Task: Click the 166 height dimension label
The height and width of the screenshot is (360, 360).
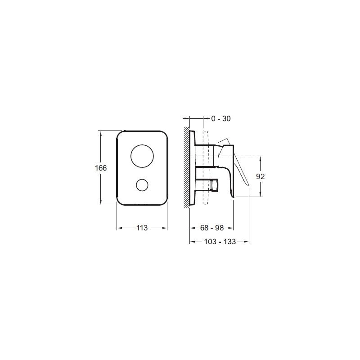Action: pyautogui.click(x=101, y=168)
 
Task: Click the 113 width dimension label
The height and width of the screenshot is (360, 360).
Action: pyautogui.click(x=142, y=228)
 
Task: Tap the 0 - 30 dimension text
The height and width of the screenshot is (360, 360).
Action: pyautogui.click(x=220, y=119)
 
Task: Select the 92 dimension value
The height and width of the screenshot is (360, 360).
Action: pyautogui.click(x=261, y=176)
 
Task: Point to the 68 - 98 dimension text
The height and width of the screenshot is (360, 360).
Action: pyautogui.click(x=212, y=228)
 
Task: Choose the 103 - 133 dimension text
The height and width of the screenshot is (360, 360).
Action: pyautogui.click(x=220, y=242)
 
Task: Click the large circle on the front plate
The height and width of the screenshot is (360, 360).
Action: pyautogui.click(x=142, y=156)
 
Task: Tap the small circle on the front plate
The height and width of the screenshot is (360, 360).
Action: pyautogui.click(x=142, y=185)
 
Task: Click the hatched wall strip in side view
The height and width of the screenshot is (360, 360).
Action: pyautogui.click(x=186, y=167)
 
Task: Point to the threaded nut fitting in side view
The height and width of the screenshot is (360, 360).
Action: pyautogui.click(x=214, y=184)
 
